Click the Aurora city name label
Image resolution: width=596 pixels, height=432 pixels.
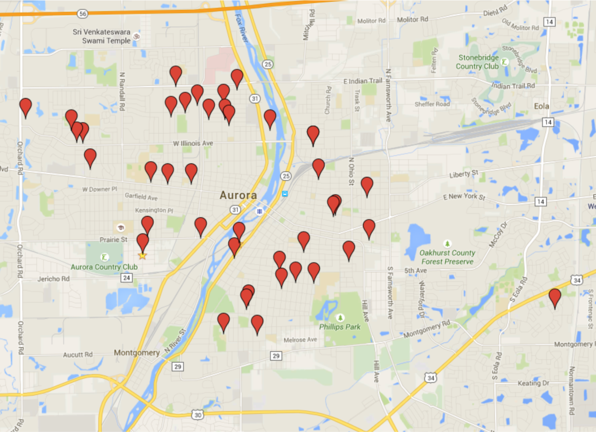[x=238, y=196]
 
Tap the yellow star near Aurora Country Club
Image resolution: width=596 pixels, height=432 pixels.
[x=142, y=255]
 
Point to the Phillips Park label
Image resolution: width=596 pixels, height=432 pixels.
[x=339, y=327]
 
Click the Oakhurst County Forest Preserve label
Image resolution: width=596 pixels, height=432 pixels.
[x=447, y=257]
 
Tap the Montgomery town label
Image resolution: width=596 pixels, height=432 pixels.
[x=137, y=353]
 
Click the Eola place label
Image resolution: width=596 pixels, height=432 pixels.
[x=542, y=107]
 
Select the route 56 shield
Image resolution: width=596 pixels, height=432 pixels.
[x=83, y=13]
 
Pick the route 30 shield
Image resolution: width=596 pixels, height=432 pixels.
[x=198, y=415]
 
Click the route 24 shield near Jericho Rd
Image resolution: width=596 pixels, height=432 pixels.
[x=127, y=278]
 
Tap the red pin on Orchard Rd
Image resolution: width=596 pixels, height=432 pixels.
[x=26, y=107]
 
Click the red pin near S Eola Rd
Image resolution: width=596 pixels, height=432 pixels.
[x=555, y=298]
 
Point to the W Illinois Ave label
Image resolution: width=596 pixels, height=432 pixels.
[x=193, y=143]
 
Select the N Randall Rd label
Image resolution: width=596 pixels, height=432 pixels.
[x=122, y=91]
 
